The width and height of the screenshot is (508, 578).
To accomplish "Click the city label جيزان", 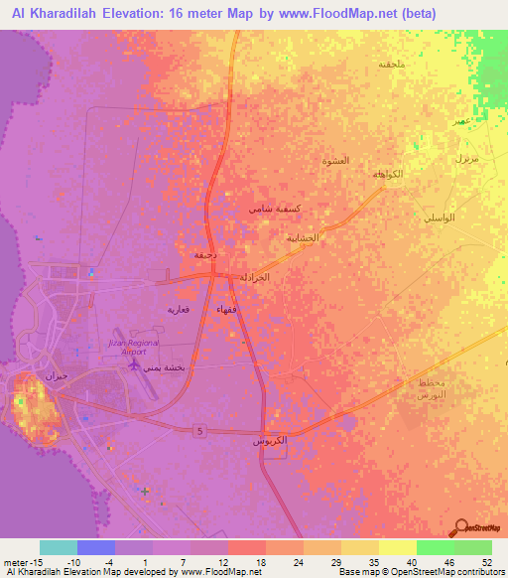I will coord(54,377).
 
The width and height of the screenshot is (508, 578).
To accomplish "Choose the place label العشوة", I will coord(337,161).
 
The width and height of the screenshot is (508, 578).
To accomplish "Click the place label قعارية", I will coord(177,310).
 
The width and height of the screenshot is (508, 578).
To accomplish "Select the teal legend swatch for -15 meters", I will coord(59,547).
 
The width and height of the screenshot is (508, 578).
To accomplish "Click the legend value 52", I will coord(487,562).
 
